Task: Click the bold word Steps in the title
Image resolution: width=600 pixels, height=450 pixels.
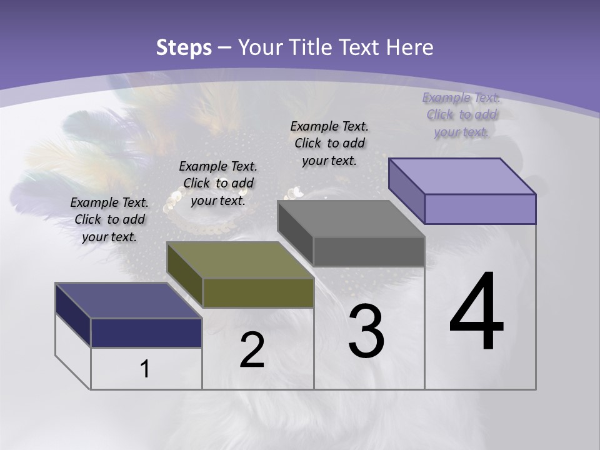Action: [x=184, y=47]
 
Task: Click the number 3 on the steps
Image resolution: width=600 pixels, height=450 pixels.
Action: [x=366, y=331]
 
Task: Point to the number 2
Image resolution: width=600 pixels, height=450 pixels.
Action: [x=252, y=350]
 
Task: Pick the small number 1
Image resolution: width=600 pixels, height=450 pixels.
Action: [x=145, y=369]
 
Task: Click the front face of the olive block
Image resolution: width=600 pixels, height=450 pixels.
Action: [x=258, y=293]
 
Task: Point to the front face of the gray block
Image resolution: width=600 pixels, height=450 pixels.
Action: [x=369, y=252]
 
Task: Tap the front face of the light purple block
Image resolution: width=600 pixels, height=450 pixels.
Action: [x=480, y=209]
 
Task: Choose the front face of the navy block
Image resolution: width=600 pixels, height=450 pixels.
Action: [x=146, y=332]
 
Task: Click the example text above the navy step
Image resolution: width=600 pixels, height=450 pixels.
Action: [x=109, y=219]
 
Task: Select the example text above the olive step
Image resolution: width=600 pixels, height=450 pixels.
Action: [x=218, y=183]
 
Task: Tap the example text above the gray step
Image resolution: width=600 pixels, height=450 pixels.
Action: [x=329, y=143]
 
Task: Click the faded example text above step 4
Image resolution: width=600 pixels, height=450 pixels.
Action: [x=461, y=114]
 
